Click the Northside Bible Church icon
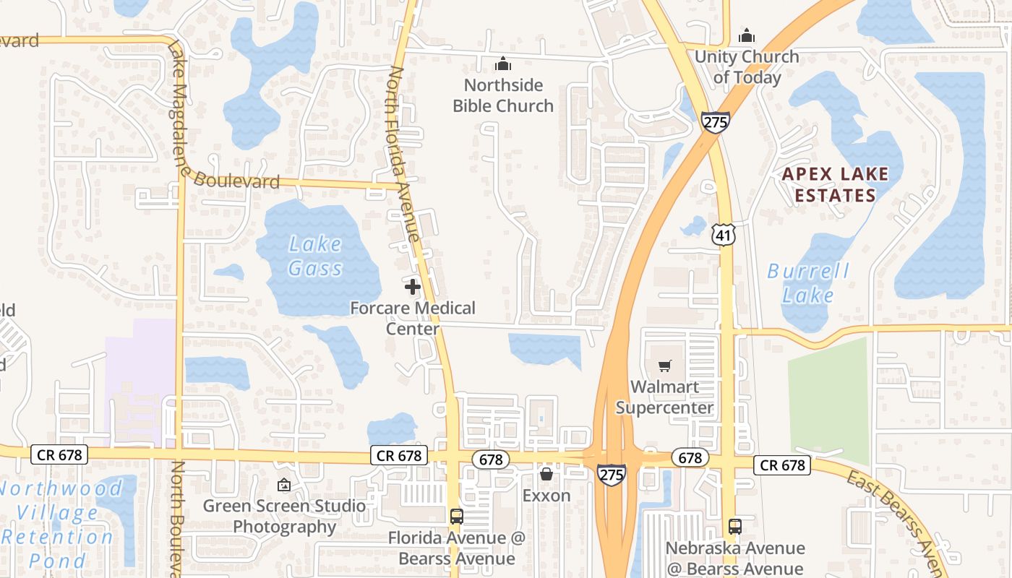pos(502,64)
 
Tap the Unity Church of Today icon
pos(747,35)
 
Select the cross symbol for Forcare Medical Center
pos(413,287)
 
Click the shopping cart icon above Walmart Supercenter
pos(664,366)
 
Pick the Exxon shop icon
pos(546,474)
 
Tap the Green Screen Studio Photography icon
pos(284,485)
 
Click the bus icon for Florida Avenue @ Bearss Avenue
pos(457,517)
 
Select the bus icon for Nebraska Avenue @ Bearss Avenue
pos(735,526)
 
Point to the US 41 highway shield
pos(723,234)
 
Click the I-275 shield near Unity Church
pos(715,121)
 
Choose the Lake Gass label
pos(316,256)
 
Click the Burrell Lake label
pos(808,283)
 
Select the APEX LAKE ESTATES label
pos(835,184)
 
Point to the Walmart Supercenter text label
pos(664,397)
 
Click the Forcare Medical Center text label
pos(413,319)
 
